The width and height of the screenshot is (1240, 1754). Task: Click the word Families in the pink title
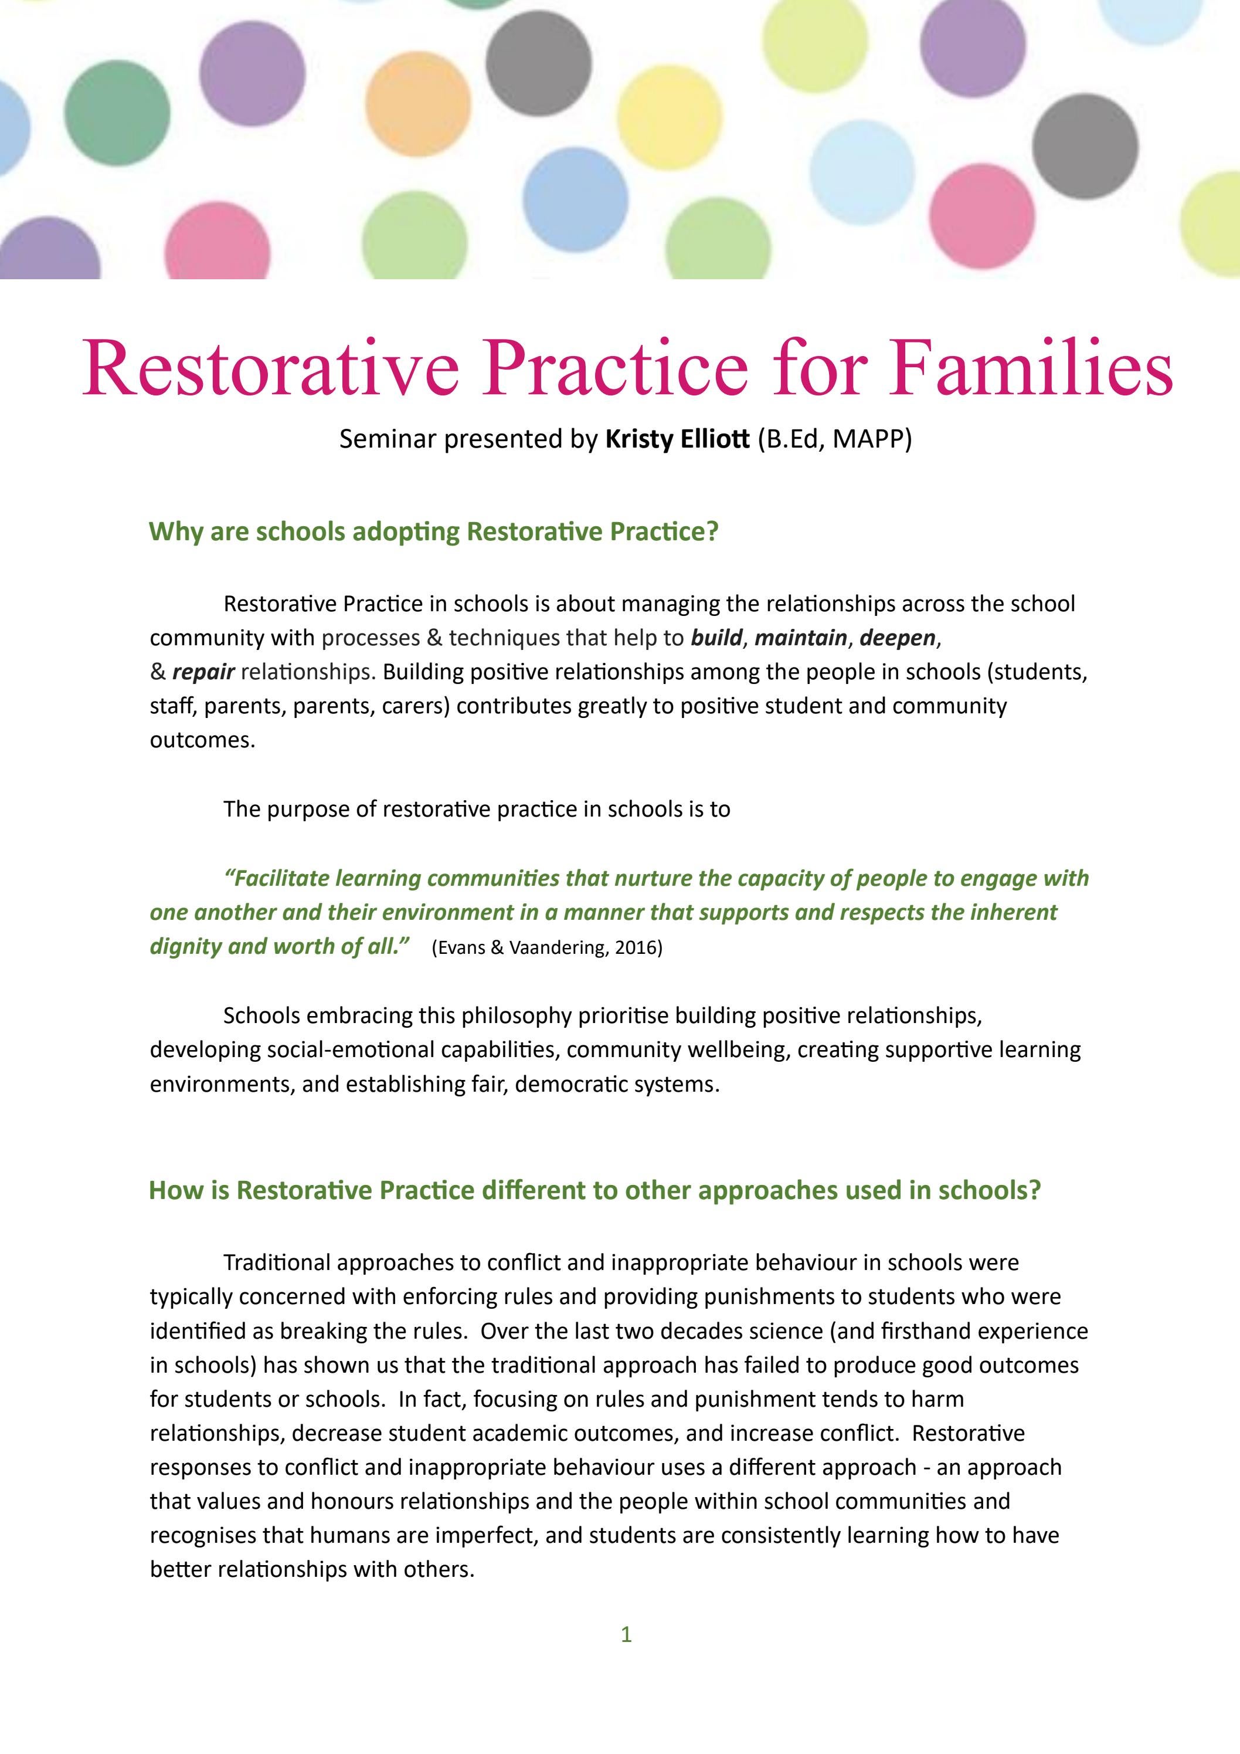pos(1030,367)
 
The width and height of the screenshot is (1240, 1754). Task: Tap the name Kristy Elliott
pos(677,439)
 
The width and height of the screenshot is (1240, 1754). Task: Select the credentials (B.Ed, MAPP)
pos(834,439)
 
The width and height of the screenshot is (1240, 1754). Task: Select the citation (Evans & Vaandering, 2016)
pos(546,948)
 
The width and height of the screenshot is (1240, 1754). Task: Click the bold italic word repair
pos(203,672)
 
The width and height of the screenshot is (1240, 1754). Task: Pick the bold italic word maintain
pos(800,638)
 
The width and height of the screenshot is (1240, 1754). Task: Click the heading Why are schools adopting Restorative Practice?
pos(434,531)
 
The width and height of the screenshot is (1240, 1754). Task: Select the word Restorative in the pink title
pos(270,367)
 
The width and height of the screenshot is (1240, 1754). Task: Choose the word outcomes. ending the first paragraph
pos(202,740)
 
